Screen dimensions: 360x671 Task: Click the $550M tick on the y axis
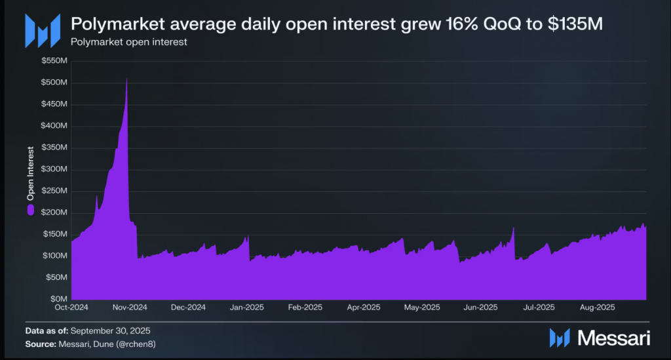[x=54, y=61]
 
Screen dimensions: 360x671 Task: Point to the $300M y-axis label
[x=54, y=169]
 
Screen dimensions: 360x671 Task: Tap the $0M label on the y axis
[x=59, y=299]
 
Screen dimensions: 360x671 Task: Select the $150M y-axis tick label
[x=54, y=234]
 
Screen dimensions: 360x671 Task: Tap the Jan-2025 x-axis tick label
[x=247, y=307]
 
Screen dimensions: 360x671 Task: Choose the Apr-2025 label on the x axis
[x=363, y=307]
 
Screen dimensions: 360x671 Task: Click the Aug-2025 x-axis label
[x=596, y=307]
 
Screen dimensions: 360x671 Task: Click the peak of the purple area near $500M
[x=126, y=79]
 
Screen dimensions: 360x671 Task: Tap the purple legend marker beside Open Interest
[x=29, y=210]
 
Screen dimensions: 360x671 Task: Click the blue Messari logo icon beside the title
[x=38, y=30]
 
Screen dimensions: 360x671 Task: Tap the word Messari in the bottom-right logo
[x=613, y=338]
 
